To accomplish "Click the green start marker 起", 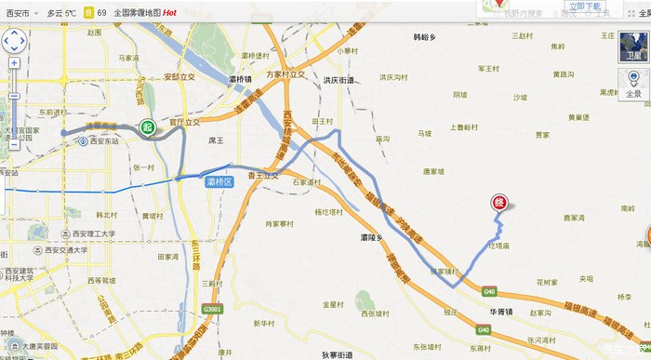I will point(147,127).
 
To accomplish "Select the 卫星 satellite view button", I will point(633,55).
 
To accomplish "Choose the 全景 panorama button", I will point(633,87).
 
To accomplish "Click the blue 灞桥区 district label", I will point(219,182).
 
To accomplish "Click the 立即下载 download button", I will point(580,7).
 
